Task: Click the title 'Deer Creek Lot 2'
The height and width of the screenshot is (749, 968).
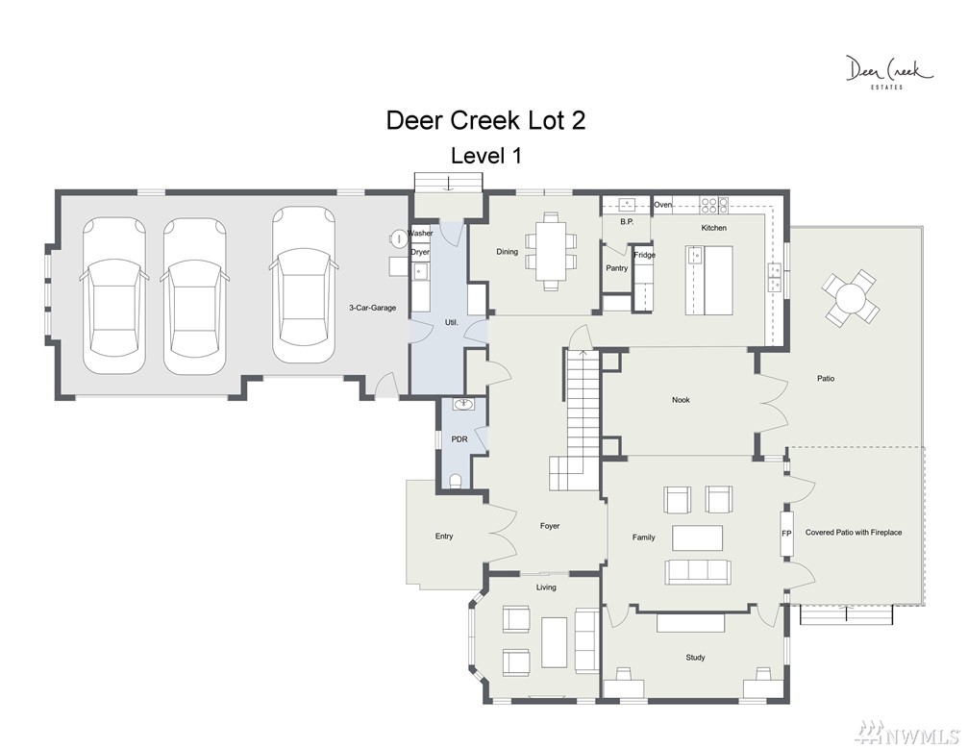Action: point(485,120)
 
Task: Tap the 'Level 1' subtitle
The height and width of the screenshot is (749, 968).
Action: point(485,156)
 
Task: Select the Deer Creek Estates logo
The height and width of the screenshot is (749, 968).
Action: point(888,72)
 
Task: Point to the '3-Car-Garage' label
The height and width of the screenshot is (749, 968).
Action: point(372,308)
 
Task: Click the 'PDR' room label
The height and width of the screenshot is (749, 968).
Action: point(459,439)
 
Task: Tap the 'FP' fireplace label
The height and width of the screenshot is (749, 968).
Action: point(786,533)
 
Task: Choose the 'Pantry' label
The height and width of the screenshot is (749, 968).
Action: point(617,268)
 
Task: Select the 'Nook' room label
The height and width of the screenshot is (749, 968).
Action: point(681,400)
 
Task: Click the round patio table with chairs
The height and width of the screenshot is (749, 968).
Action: point(851,298)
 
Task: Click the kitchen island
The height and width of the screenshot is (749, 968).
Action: point(709,281)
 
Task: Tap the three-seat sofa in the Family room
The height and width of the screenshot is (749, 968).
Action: point(698,572)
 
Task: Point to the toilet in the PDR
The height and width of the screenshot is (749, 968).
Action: point(455,481)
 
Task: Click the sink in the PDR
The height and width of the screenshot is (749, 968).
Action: point(463,405)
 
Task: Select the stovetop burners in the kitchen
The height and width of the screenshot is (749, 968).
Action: point(714,205)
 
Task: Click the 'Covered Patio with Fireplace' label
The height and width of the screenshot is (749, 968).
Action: point(854,533)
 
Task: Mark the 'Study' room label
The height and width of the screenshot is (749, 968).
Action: point(695,658)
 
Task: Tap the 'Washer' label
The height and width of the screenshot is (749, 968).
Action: point(420,234)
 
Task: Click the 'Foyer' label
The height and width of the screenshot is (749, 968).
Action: point(550,526)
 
